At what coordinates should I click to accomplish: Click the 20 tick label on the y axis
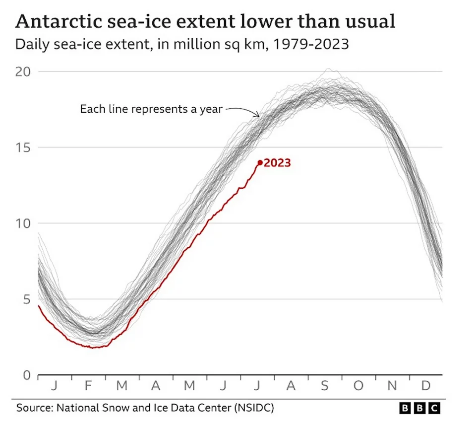24,71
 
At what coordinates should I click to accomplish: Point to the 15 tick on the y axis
24,147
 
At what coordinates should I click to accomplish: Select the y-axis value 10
24,223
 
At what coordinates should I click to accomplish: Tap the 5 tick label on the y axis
27,299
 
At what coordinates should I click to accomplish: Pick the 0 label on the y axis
27,375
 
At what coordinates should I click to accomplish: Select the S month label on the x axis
325,386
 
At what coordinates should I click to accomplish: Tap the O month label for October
358,386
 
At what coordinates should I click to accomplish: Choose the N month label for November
392,386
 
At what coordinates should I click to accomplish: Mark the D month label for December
425,386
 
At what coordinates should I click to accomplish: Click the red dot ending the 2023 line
260,163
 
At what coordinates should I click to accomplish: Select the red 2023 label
277,163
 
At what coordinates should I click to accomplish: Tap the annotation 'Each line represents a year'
151,109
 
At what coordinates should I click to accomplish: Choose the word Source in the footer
35,408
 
